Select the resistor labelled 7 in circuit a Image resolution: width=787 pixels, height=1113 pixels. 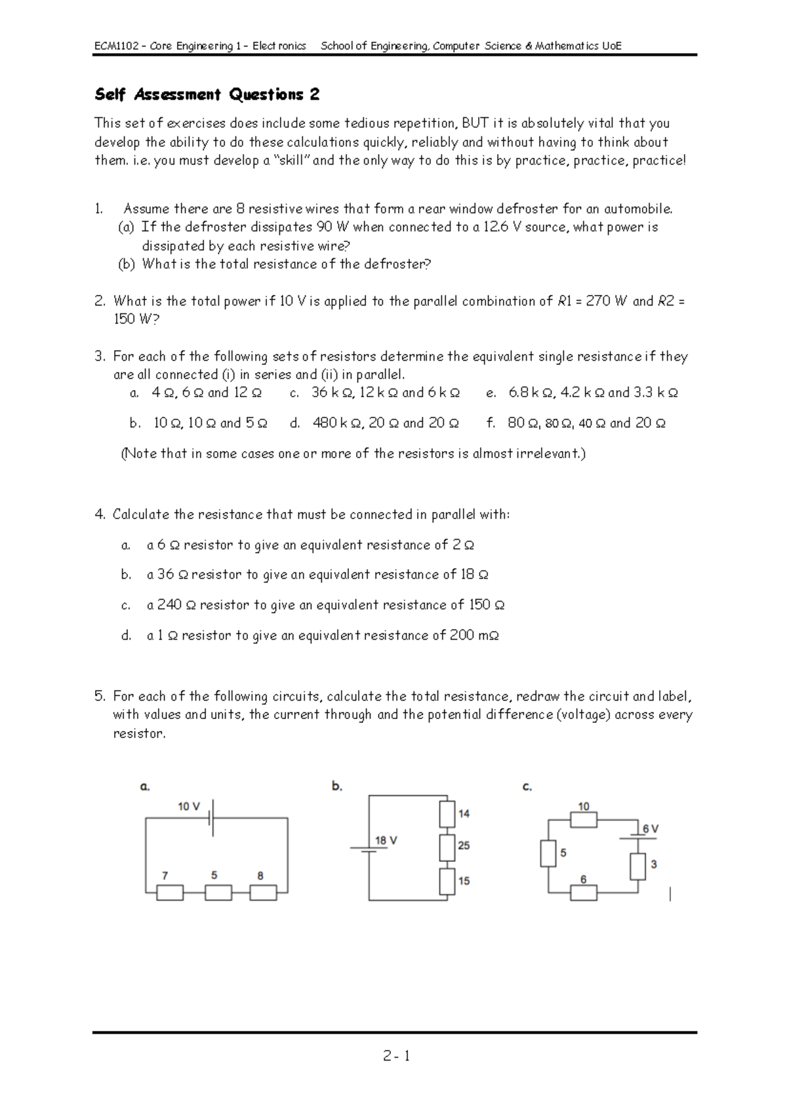[x=170, y=892]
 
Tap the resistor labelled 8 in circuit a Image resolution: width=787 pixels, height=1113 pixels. [x=263, y=892]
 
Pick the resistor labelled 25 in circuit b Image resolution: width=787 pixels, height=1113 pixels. [x=447, y=847]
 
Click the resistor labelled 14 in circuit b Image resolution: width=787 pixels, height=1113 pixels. [x=447, y=814]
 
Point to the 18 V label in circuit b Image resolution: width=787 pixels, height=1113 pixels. [x=386, y=840]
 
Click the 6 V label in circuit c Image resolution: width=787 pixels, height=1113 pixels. [x=650, y=829]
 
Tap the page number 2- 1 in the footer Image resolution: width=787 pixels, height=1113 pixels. [x=397, y=1056]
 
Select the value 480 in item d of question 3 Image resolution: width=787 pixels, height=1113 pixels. [x=325, y=423]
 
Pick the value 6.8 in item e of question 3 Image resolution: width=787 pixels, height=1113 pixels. [x=519, y=393]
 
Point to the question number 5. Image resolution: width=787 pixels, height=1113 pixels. [x=99, y=696]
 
